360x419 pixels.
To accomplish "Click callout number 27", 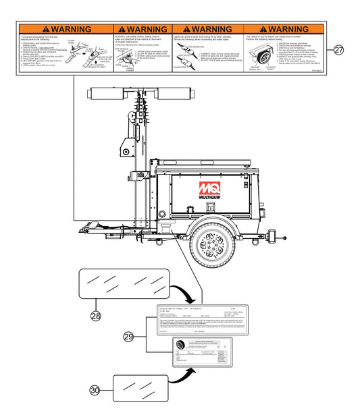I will point(339,50).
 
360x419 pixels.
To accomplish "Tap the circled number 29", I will point(128,336).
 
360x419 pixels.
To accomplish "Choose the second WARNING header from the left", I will point(143,29).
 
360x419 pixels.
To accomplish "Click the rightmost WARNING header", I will point(283,29).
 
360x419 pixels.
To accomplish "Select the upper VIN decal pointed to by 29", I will point(200,319).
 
